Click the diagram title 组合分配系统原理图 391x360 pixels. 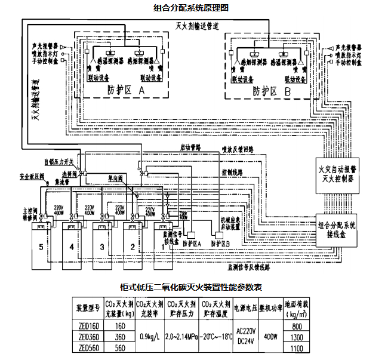tap(190, 7)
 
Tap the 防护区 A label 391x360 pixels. tap(127, 90)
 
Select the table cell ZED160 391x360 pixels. tap(87, 326)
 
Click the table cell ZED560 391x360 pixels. tap(87, 348)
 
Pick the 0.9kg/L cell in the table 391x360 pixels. tap(149, 337)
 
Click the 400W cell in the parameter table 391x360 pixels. tap(270, 337)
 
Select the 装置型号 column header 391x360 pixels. tap(87, 308)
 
